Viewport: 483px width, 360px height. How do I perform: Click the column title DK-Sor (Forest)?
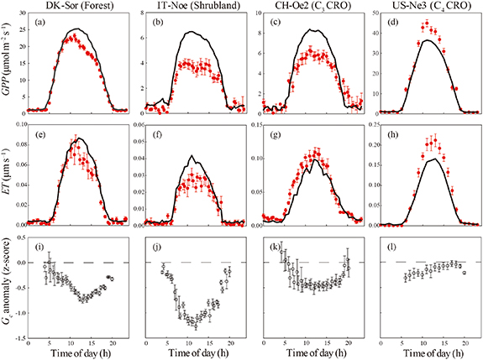(76, 7)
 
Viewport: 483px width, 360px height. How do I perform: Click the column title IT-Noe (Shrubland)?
(191, 7)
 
